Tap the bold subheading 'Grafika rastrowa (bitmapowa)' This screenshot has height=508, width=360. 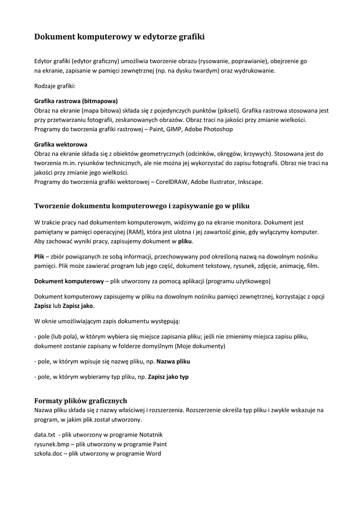point(76,101)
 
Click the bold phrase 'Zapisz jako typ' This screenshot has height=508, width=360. point(168,377)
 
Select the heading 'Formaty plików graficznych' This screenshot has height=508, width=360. point(80,400)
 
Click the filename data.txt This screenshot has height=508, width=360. point(44,434)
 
